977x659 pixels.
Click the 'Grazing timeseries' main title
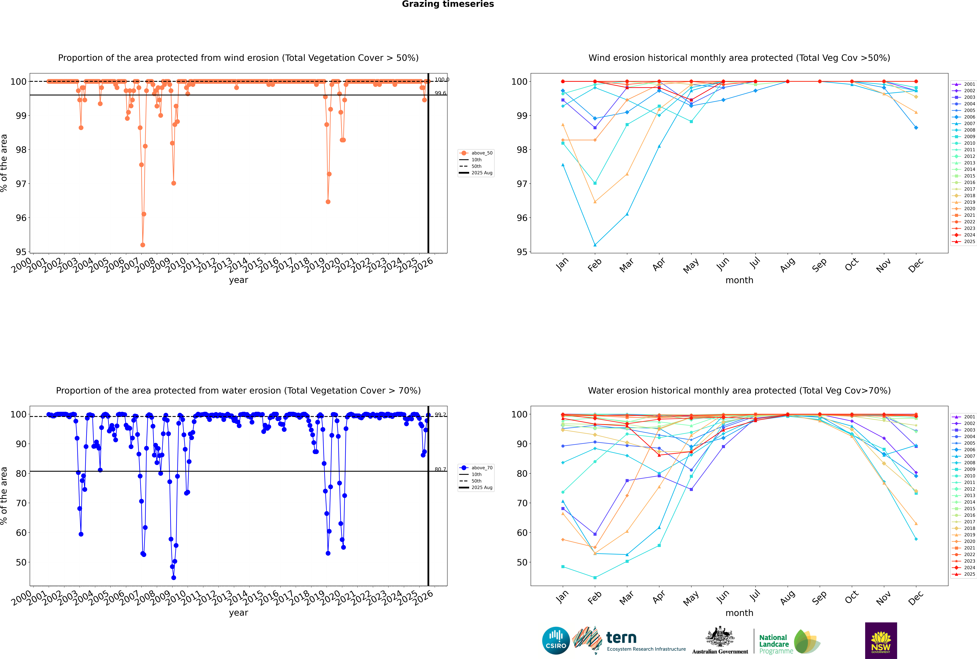coord(448,4)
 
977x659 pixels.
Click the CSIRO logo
coord(556,641)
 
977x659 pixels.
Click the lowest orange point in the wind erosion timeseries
coord(143,245)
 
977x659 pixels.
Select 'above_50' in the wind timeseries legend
coord(482,153)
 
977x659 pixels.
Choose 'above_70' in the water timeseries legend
coord(482,468)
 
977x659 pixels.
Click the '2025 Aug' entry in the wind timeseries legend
coord(482,173)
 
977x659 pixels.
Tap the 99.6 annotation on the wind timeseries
coord(440,93)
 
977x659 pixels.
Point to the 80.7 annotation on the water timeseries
coord(440,469)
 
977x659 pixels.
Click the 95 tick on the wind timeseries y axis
coord(21,252)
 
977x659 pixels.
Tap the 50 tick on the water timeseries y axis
coord(21,562)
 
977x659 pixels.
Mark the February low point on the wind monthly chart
coord(595,245)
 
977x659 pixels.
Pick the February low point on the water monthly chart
coord(595,577)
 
